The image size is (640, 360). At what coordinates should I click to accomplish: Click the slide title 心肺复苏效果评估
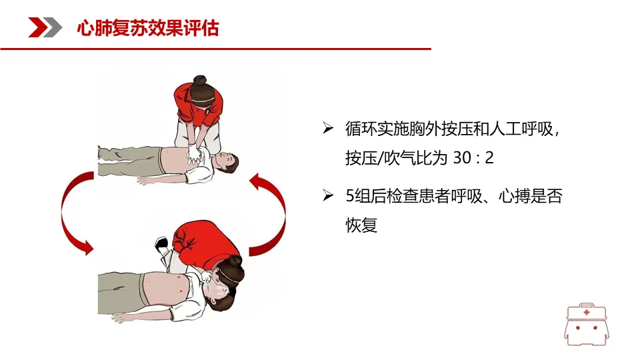148,28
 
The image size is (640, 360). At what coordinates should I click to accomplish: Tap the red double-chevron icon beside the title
45,27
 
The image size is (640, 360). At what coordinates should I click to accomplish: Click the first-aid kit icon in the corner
587,325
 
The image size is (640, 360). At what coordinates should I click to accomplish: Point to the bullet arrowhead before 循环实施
328,128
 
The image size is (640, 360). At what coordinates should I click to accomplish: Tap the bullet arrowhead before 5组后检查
328,195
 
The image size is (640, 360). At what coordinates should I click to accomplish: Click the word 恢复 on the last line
361,225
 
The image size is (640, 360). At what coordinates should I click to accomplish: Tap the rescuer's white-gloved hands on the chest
195,154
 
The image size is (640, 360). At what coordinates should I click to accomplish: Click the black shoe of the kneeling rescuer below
161,243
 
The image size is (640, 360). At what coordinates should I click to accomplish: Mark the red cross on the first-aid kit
587,312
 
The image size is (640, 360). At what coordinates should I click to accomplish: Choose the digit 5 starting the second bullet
350,196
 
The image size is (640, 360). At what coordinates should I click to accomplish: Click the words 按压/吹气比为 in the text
391,157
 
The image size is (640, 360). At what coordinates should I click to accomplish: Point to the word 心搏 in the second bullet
514,196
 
